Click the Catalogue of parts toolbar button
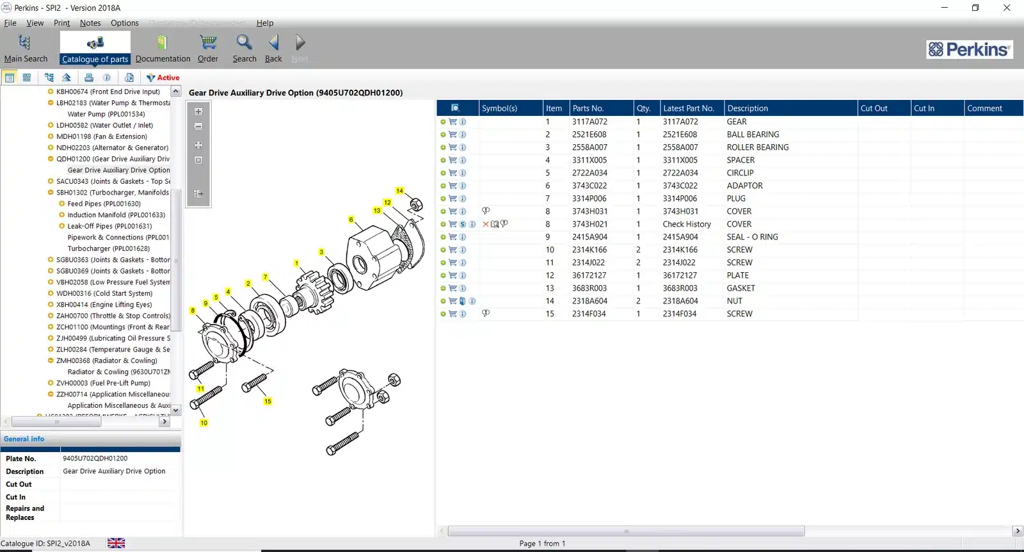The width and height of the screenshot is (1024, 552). click(x=95, y=49)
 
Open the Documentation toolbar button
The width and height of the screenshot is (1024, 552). click(x=163, y=49)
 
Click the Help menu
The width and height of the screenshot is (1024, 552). click(x=265, y=23)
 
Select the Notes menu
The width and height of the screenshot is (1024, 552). click(x=90, y=23)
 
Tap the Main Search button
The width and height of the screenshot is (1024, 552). click(x=26, y=49)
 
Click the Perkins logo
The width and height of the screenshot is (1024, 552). click(x=969, y=49)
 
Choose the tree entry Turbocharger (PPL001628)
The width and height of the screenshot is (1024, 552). click(x=108, y=248)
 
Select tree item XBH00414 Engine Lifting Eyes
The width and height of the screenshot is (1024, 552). click(x=104, y=305)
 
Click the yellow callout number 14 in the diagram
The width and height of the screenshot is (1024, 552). click(x=399, y=191)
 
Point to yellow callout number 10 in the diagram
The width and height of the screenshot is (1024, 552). click(x=204, y=423)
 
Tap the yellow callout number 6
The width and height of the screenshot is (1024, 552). click(x=351, y=220)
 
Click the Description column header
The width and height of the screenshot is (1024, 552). click(x=748, y=108)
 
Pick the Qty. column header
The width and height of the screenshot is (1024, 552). click(x=643, y=108)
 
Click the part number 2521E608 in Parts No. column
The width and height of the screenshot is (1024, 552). click(x=589, y=134)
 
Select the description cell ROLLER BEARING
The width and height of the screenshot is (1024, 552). click(x=757, y=147)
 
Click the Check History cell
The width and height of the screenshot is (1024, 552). click(x=687, y=224)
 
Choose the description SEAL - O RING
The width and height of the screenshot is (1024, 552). click(x=752, y=237)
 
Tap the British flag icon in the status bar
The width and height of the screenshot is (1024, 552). click(x=116, y=543)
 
